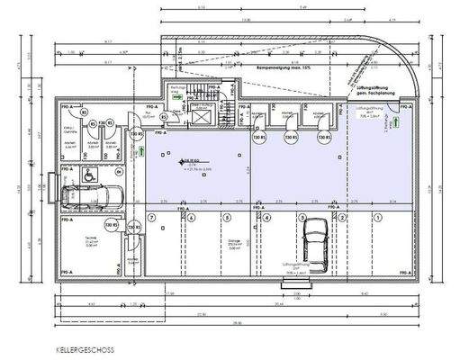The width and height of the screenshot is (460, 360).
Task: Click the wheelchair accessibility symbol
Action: [91, 178]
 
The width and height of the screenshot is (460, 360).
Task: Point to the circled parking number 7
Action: [152, 218]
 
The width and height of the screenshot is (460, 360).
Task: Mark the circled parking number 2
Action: [339, 218]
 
